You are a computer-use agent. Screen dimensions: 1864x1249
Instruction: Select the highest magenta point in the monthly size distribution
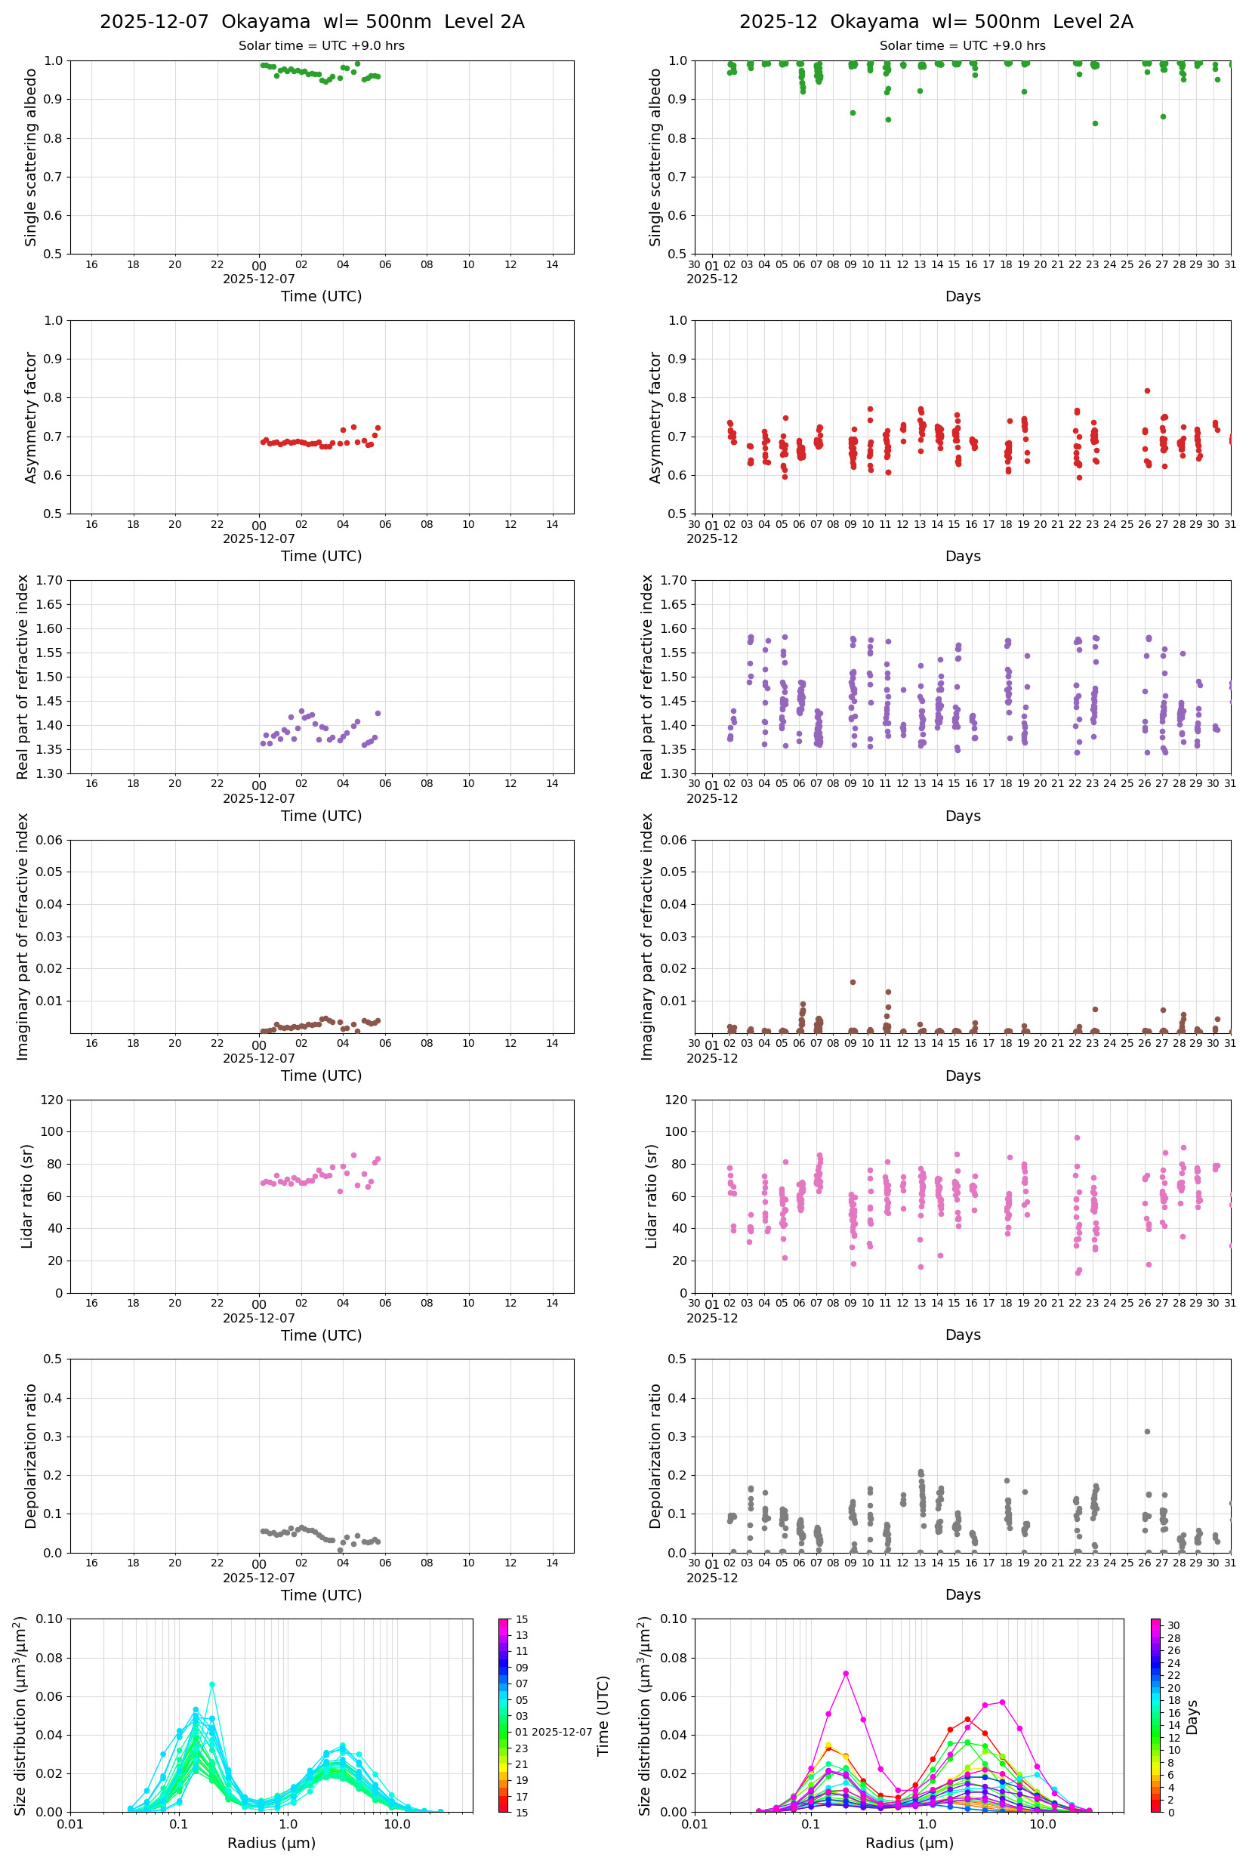[x=845, y=1674]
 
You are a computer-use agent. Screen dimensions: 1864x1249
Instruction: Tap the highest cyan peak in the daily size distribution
[x=212, y=1684]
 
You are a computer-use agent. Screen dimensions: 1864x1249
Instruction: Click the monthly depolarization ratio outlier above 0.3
[x=1147, y=1431]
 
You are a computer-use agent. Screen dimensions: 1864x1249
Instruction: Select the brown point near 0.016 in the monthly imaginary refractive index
[x=853, y=982]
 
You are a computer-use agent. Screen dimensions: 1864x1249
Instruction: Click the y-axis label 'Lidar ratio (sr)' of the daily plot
[x=27, y=1196]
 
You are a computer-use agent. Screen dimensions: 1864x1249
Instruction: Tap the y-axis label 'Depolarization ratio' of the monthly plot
[x=655, y=1455]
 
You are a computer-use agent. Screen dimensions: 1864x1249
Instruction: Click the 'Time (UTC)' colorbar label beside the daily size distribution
[x=603, y=1716]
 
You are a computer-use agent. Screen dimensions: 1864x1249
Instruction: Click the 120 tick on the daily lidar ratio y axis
[x=52, y=1100]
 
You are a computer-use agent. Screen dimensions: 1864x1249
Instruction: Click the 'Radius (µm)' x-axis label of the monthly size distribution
[x=909, y=1843]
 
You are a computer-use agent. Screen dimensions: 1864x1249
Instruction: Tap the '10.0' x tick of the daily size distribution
[x=396, y=1824]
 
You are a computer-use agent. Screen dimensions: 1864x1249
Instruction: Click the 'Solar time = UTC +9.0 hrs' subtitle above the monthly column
[x=961, y=46]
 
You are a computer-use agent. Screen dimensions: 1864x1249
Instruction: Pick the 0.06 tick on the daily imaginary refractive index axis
[x=52, y=841]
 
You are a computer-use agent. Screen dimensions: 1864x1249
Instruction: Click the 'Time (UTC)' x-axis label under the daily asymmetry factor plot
[x=321, y=556]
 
